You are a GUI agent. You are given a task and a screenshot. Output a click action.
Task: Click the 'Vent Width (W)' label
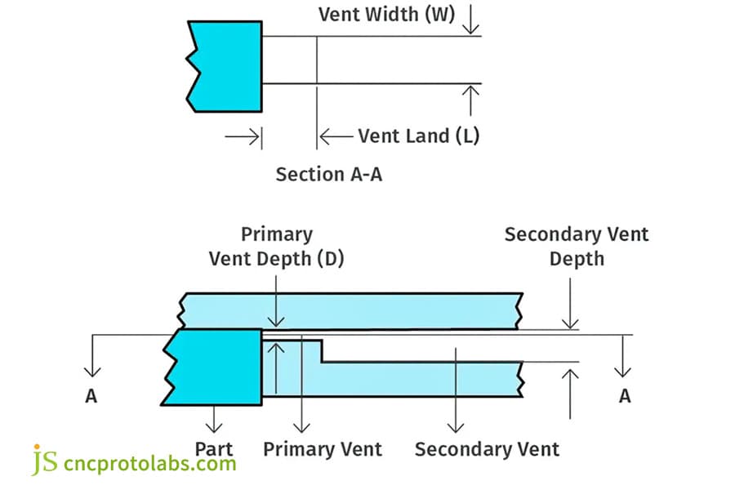click(x=386, y=15)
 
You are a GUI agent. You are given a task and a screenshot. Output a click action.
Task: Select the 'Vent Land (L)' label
click(x=418, y=136)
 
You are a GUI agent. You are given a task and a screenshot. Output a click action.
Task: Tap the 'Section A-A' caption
click(x=329, y=174)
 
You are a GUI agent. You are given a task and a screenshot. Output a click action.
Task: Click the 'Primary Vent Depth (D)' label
click(x=277, y=247)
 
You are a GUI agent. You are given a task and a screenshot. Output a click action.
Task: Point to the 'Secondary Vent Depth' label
click(x=577, y=247)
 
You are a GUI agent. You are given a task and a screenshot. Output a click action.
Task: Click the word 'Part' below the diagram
click(x=214, y=449)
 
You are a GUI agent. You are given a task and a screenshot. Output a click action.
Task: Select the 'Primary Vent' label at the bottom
click(x=323, y=449)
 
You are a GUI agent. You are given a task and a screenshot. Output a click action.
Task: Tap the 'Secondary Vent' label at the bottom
click(x=487, y=449)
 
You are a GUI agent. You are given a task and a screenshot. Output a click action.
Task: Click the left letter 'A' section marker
click(x=91, y=396)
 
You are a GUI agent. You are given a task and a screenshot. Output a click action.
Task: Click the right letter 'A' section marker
click(x=625, y=396)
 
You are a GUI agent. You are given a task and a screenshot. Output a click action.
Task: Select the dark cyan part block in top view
click(x=225, y=65)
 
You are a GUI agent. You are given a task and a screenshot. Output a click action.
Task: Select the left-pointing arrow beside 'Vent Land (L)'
click(x=327, y=136)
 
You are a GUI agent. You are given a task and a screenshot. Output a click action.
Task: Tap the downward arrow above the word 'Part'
click(x=214, y=426)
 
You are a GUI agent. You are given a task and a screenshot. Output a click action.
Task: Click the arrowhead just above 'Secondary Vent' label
click(x=456, y=426)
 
